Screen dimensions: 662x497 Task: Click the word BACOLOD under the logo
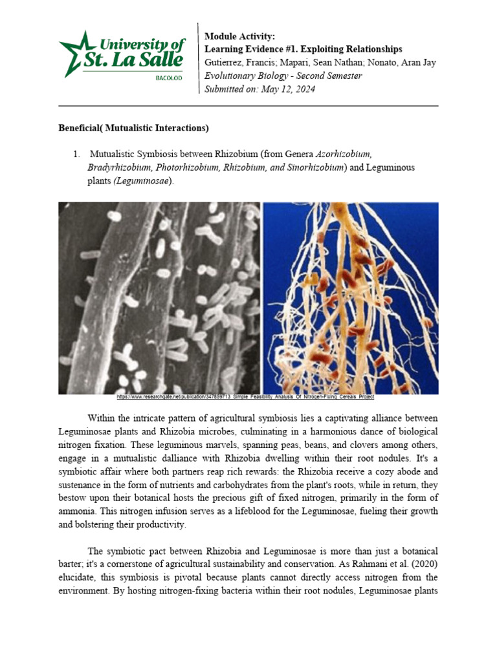point(169,78)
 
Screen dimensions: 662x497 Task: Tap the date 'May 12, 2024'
point(288,89)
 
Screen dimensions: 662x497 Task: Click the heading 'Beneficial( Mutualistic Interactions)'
point(133,128)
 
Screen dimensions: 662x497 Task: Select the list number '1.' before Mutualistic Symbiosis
point(76,155)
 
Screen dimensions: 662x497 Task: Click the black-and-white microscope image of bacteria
point(159,297)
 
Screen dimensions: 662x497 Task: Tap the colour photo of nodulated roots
point(350,297)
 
